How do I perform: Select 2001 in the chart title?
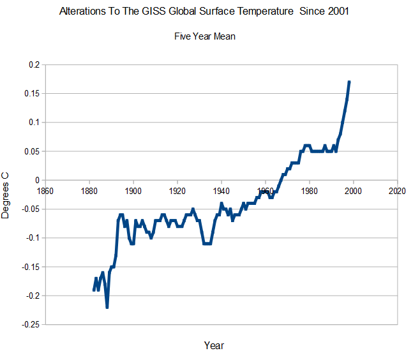click(x=338, y=11)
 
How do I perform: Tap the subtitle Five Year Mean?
click(x=205, y=36)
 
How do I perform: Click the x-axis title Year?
click(x=214, y=345)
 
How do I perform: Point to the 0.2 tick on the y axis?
click(x=34, y=64)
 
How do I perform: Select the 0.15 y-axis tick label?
click(x=31, y=94)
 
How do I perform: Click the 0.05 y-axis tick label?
click(x=31, y=151)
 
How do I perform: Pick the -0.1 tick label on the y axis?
click(x=33, y=237)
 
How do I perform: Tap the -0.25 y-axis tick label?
click(x=30, y=324)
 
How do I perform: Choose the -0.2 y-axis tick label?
click(x=33, y=296)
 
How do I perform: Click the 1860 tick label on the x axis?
click(x=45, y=191)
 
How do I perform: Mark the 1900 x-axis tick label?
click(x=133, y=191)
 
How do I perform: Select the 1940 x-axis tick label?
click(x=221, y=191)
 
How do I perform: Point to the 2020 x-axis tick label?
click(x=397, y=191)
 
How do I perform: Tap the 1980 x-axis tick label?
click(x=310, y=191)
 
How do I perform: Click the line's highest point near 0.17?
click(x=349, y=82)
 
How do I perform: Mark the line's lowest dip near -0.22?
click(x=107, y=307)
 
